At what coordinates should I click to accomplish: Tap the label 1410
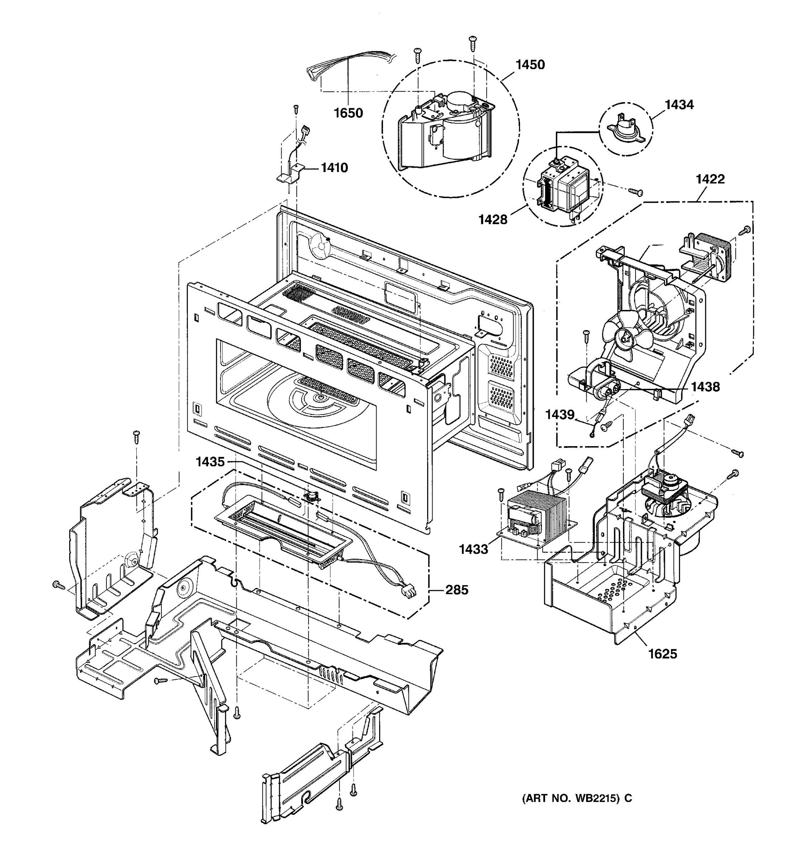[334, 168]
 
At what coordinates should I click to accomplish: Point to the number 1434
[679, 105]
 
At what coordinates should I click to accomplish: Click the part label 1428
[493, 220]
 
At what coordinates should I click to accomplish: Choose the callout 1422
[710, 179]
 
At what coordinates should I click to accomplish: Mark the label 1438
[705, 387]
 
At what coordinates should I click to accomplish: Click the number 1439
[560, 415]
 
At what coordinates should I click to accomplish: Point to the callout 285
[456, 590]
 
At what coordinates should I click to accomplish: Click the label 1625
[662, 654]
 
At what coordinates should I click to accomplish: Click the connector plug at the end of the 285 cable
[408, 591]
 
